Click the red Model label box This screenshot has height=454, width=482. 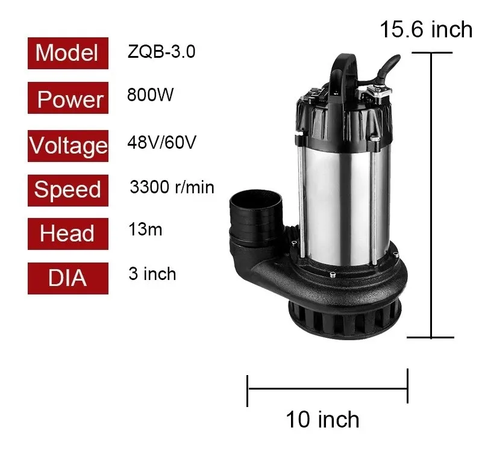(68, 53)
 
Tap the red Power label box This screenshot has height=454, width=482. (68, 98)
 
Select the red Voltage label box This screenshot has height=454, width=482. (68, 146)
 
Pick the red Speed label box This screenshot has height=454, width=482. (68, 190)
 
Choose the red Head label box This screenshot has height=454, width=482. (68, 234)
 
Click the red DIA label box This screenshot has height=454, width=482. (68, 278)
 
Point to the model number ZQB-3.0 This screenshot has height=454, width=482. (161, 51)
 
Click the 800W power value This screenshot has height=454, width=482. (150, 95)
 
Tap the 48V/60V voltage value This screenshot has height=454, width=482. (161, 142)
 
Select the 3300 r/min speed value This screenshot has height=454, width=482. (172, 187)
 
